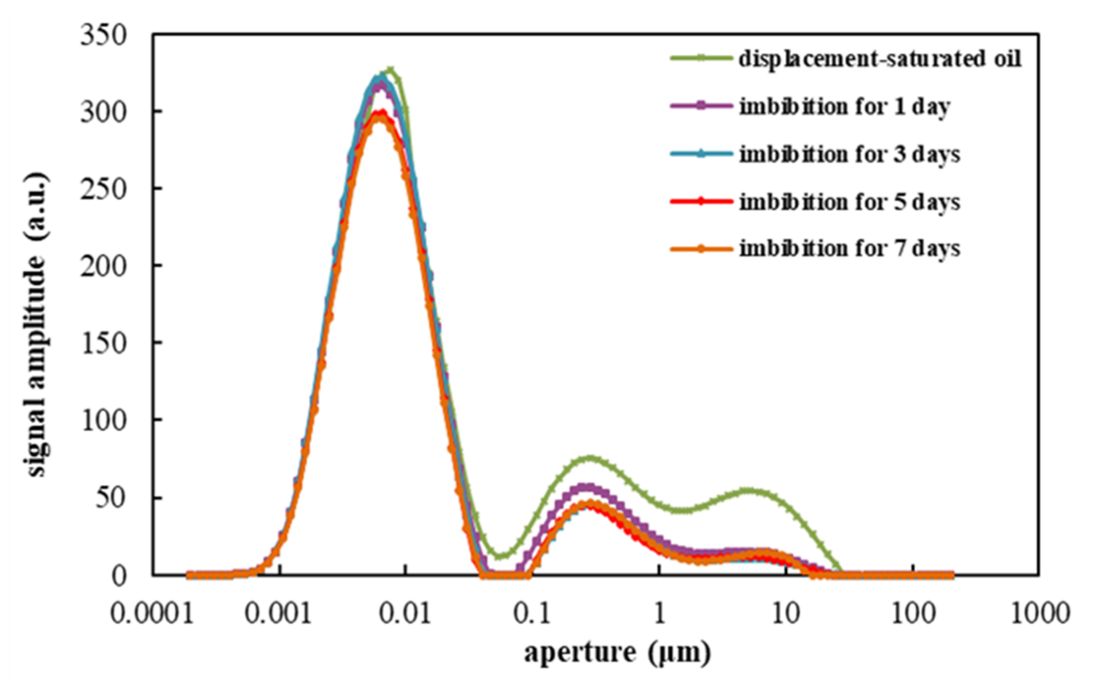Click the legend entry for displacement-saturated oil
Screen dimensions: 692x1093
tap(880, 58)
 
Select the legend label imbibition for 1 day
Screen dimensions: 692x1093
tap(845, 107)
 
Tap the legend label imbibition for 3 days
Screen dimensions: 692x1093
tap(850, 154)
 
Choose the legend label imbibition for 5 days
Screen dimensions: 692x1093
tap(850, 202)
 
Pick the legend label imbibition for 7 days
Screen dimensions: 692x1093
tap(850, 248)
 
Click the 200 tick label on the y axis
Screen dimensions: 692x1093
tap(103, 266)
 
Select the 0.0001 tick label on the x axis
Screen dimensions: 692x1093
tap(152, 614)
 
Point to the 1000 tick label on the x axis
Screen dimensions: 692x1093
tap(1040, 614)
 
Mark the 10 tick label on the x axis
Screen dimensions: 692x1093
tap(786, 614)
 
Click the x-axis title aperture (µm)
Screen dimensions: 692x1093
tap(617, 653)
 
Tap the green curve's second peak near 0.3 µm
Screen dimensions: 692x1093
tap(590, 458)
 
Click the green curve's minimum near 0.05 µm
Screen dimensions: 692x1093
tap(501, 555)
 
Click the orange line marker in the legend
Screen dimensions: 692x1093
tap(701, 249)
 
